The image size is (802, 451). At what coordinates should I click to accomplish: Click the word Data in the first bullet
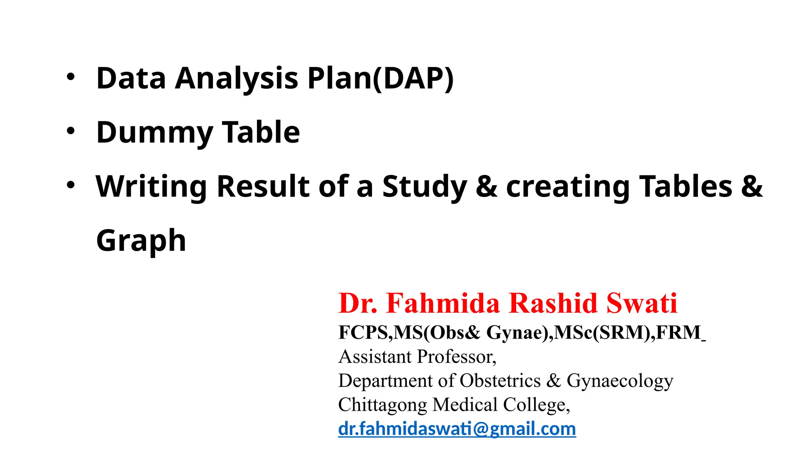[x=131, y=78]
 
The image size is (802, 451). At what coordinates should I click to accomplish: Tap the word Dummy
[x=155, y=132]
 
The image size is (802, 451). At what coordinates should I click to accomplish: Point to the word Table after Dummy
[x=261, y=132]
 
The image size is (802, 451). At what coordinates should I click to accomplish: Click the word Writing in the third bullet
[x=151, y=186]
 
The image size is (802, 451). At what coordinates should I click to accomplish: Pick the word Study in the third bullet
[x=424, y=186]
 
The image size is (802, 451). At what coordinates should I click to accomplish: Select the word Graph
[x=141, y=240]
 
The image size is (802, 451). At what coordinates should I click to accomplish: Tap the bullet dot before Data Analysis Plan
[x=70, y=77]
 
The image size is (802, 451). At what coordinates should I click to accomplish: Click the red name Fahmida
[x=443, y=303]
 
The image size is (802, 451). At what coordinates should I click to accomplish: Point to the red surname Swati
[x=642, y=303]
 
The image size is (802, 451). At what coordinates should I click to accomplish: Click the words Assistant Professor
[x=417, y=357]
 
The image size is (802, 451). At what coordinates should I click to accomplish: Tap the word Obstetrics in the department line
[x=500, y=381]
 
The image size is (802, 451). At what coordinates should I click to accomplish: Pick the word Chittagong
[x=382, y=405]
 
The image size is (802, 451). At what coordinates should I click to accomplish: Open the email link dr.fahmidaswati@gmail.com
[x=457, y=429]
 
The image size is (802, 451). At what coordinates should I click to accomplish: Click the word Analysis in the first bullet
[x=237, y=78]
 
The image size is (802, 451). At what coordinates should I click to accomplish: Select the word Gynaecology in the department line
[x=620, y=381]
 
